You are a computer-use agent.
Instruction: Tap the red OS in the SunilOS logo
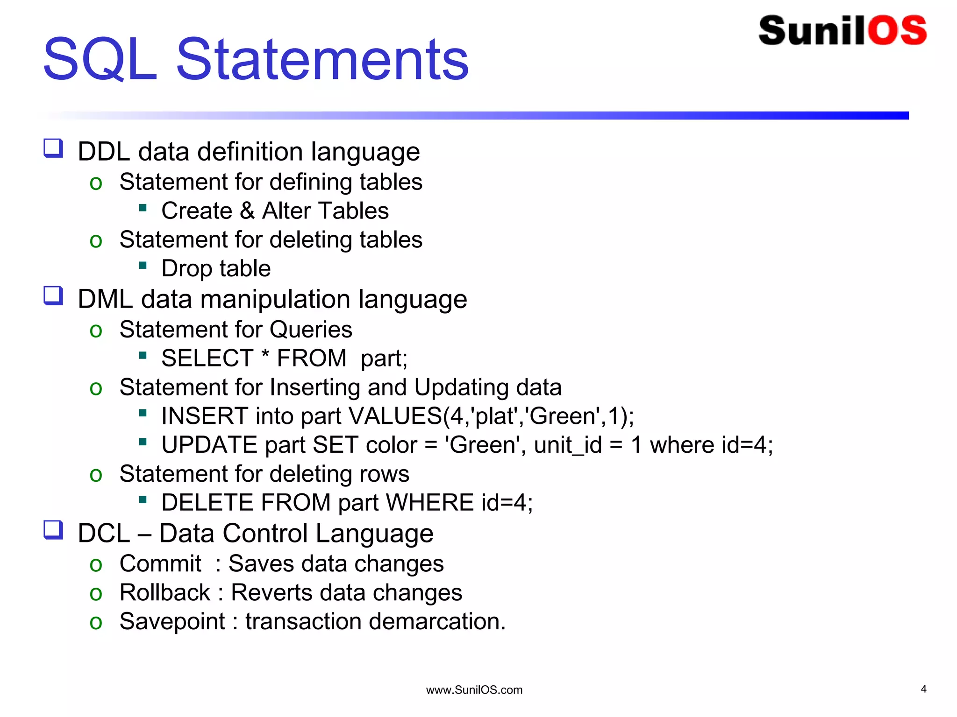[897, 31]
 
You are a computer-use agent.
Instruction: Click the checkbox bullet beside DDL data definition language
[53, 148]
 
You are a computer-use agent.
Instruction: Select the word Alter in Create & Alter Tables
[286, 211]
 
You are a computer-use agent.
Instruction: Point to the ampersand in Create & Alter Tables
[247, 211]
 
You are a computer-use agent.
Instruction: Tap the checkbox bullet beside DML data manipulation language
[53, 295]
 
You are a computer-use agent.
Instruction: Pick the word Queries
[311, 330]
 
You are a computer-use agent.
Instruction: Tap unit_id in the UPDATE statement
[568, 445]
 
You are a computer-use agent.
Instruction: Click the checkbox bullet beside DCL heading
[53, 530]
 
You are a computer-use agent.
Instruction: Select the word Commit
[160, 563]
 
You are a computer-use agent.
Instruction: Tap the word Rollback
[164, 592]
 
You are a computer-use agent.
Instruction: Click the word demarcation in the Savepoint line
[437, 621]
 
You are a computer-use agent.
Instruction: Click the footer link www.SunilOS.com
[474, 690]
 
